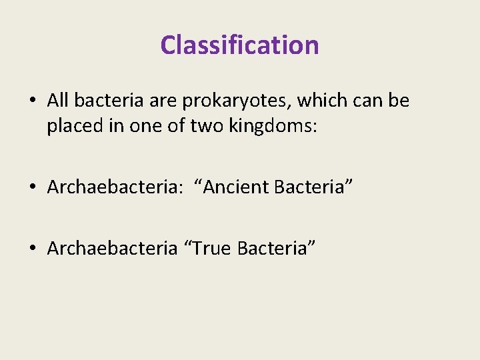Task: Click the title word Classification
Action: point(239,45)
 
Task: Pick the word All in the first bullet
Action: point(59,101)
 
